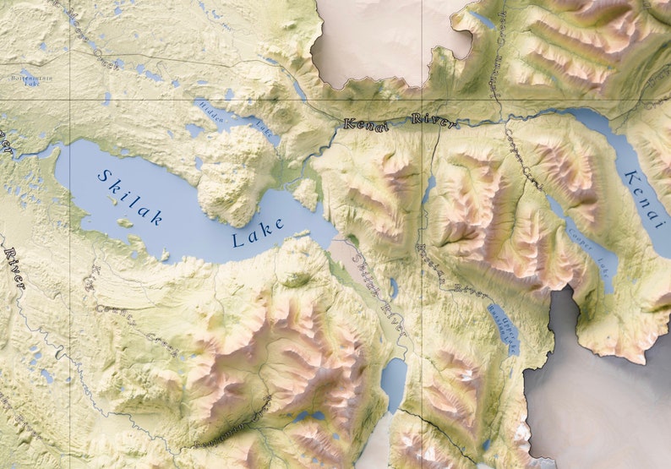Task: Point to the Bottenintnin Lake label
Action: [x=25, y=80]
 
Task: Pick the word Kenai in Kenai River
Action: [x=366, y=125]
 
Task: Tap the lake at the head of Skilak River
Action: [x=394, y=380]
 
